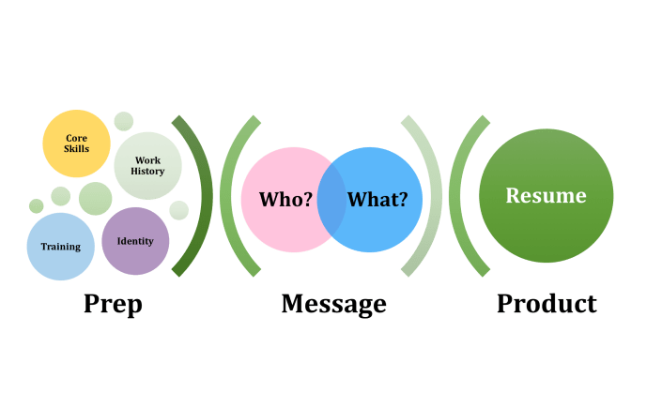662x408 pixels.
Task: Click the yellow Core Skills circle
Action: (76, 144)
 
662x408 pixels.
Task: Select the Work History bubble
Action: (147, 166)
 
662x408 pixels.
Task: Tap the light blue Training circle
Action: (60, 247)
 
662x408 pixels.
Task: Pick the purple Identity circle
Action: (135, 242)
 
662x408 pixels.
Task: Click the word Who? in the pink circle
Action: (285, 200)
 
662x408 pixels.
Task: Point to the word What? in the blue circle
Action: (377, 200)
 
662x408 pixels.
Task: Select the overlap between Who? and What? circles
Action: (331, 200)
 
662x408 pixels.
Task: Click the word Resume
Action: (546, 196)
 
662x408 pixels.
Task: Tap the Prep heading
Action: (112, 304)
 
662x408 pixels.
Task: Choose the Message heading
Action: (333, 304)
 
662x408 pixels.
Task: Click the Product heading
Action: (547, 304)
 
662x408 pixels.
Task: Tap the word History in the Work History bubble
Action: (147, 172)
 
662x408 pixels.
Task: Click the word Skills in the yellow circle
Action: (76, 149)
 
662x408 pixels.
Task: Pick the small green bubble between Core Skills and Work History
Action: (124, 121)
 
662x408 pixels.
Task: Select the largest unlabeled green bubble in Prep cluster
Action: (95, 199)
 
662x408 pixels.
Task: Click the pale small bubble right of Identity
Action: (178, 210)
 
